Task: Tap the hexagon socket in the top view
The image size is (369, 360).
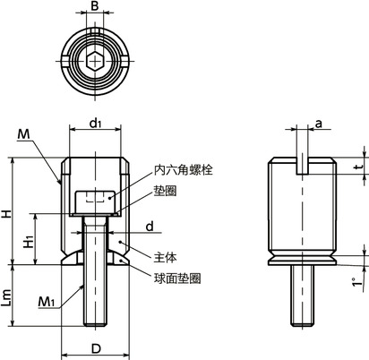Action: click(95, 62)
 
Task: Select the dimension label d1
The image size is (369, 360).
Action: click(95, 126)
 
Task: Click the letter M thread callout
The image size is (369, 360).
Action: click(22, 134)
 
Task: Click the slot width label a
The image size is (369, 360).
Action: click(318, 126)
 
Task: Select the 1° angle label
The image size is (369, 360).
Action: click(356, 283)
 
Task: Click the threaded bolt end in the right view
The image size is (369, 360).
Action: click(304, 296)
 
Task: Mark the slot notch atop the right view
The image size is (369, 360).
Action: click(304, 164)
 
